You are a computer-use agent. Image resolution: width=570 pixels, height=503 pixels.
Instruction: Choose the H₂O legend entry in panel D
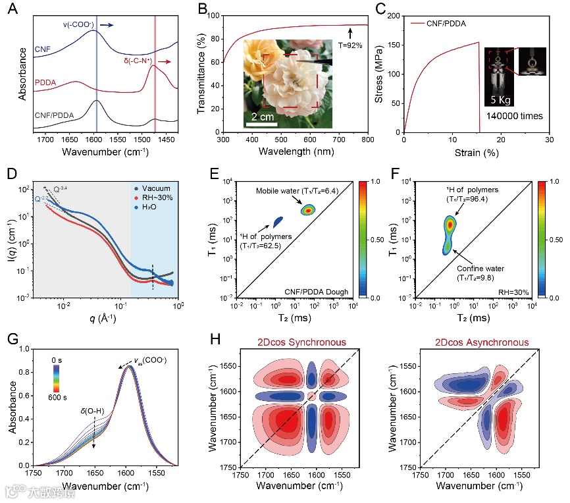pyautogui.click(x=151, y=206)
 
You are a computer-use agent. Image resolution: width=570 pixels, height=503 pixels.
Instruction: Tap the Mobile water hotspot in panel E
pyautogui.click(x=307, y=210)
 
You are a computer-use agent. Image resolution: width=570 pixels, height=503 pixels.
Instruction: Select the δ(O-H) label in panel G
pyautogui.click(x=93, y=416)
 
